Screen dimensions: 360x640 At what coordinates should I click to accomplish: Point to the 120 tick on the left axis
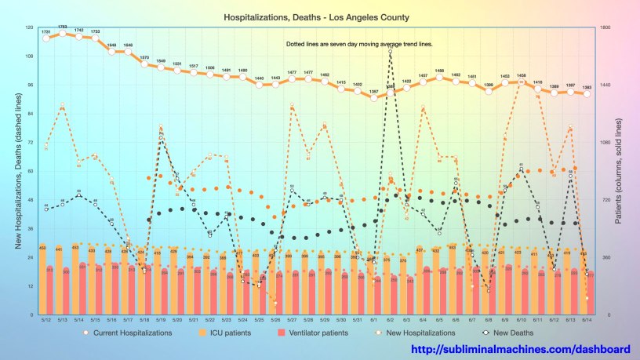click(x=29, y=27)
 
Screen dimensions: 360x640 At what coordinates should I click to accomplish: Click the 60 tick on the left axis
click(x=31, y=171)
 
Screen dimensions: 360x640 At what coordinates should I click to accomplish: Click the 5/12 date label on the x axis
click(x=45, y=319)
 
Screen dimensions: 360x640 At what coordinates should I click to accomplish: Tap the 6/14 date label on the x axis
click(x=587, y=319)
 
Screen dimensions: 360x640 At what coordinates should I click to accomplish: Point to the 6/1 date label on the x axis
click(x=374, y=319)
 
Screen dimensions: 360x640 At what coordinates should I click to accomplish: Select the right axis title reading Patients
click(x=619, y=171)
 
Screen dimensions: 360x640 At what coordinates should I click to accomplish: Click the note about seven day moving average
click(x=360, y=44)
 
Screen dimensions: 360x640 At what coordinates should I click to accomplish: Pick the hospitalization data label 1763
click(x=62, y=27)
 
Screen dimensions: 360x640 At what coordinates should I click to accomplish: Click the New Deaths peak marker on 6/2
click(x=390, y=49)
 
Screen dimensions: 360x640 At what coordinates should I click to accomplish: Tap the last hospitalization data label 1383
click(x=587, y=87)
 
